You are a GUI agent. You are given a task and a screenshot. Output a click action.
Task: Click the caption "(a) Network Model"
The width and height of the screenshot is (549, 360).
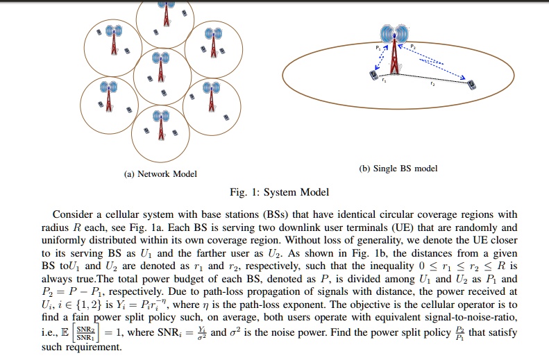[x=160, y=174]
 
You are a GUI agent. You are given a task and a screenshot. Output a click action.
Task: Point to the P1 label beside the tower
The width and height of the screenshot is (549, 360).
[x=378, y=46]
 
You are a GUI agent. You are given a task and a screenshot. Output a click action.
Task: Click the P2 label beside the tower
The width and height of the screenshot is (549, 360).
[x=412, y=46]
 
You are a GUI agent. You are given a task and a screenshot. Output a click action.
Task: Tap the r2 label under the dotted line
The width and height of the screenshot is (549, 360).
[x=432, y=84]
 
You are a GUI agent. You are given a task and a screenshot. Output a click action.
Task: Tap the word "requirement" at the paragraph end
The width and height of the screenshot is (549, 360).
[x=93, y=346]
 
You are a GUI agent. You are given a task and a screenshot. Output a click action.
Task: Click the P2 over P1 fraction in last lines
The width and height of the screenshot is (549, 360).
[x=460, y=332]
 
